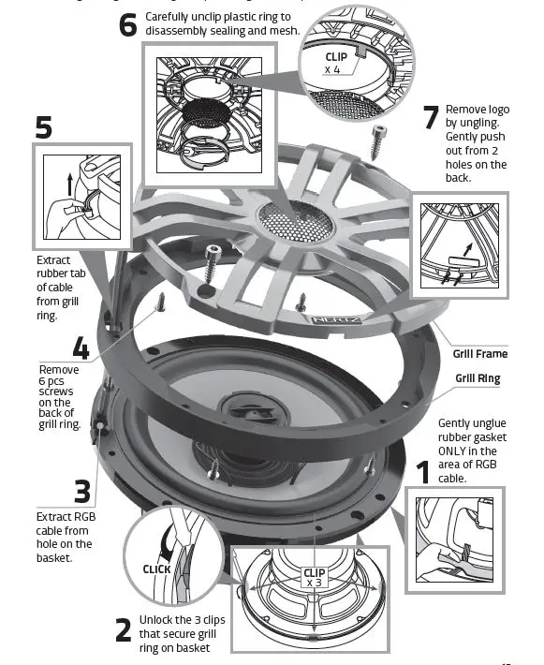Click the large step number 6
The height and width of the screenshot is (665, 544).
click(x=128, y=24)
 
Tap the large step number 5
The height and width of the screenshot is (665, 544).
click(x=44, y=128)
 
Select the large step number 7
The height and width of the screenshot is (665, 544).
click(x=430, y=117)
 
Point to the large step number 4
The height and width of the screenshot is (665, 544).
click(x=81, y=350)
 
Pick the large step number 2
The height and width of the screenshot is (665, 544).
click(x=123, y=630)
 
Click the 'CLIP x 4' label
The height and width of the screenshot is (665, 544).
click(x=334, y=62)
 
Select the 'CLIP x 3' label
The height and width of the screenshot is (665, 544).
click(x=314, y=578)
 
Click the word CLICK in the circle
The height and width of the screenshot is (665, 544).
click(x=157, y=569)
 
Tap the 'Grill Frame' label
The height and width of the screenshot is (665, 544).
click(x=480, y=354)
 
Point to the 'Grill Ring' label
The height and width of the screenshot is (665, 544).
click(x=478, y=378)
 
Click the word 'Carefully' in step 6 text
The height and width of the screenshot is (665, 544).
click(x=171, y=17)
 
